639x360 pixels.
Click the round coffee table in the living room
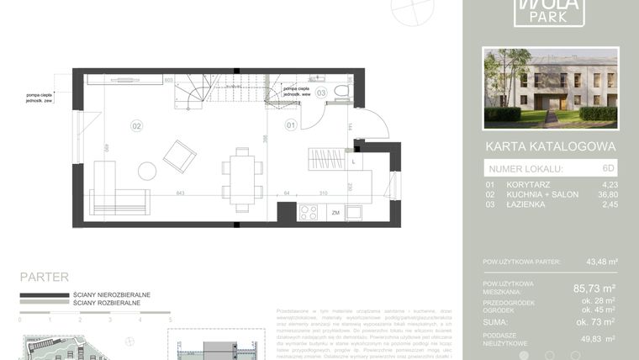pos(147,172)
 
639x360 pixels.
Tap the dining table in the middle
pos(242,179)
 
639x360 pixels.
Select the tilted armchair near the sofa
pos(179,156)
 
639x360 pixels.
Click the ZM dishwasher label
pos(335,214)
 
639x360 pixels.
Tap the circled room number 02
pos(136,126)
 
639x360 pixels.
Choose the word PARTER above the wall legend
pos(44,277)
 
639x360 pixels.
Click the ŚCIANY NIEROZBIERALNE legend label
pos(112,295)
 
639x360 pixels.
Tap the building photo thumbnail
pos(551,87)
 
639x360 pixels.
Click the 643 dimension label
pos(179,194)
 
